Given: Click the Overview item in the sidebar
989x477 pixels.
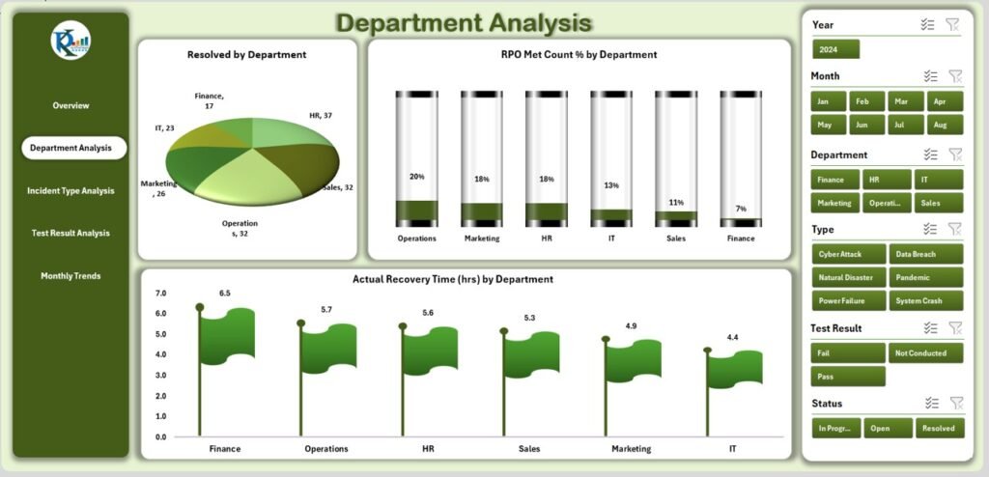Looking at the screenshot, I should coord(71,105).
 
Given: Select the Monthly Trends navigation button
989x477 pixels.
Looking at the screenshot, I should coord(71,276).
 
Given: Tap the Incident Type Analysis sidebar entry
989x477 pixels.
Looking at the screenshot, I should coord(71,191).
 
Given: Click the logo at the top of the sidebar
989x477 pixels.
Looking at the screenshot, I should coord(71,41).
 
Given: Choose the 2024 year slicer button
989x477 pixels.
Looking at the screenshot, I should coord(835,49).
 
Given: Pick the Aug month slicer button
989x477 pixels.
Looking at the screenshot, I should coord(945,125).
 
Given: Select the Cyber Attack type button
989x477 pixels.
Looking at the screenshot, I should coord(848,254).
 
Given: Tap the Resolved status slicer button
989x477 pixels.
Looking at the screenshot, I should coord(938,429).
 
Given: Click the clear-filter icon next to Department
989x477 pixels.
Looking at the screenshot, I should coord(955,154).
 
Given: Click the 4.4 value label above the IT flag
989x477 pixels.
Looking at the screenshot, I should coord(733,337).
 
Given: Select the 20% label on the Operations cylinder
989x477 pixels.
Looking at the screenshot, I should coord(416,177).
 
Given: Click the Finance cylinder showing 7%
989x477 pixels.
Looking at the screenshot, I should coord(740,159).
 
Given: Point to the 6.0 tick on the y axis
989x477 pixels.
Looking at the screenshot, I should coord(160,314).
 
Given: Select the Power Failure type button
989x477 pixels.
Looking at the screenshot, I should coord(848,300).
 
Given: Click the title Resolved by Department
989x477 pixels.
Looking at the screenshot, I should coord(246,55).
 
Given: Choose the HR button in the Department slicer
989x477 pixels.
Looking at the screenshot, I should coord(887,180).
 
